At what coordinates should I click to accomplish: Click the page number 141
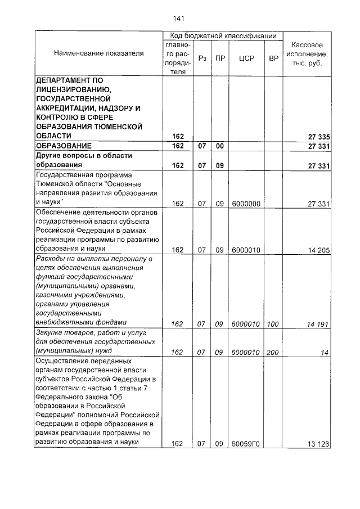pos(179,18)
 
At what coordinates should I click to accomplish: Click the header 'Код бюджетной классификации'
pos(223,36)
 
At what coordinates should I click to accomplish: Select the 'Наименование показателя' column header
pos(99,53)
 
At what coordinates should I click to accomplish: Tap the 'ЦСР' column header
pos(246,58)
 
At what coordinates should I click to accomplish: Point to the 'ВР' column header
pos(273,58)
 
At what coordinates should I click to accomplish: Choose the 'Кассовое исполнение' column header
pos(307,53)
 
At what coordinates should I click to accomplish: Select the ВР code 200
pos(273,352)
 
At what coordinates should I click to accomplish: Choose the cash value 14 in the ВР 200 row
pos(324,352)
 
